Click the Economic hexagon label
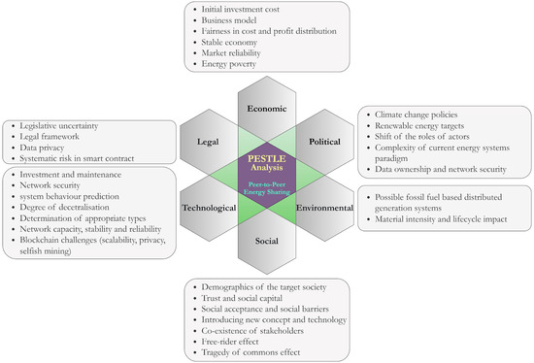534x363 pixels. pos(267,108)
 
